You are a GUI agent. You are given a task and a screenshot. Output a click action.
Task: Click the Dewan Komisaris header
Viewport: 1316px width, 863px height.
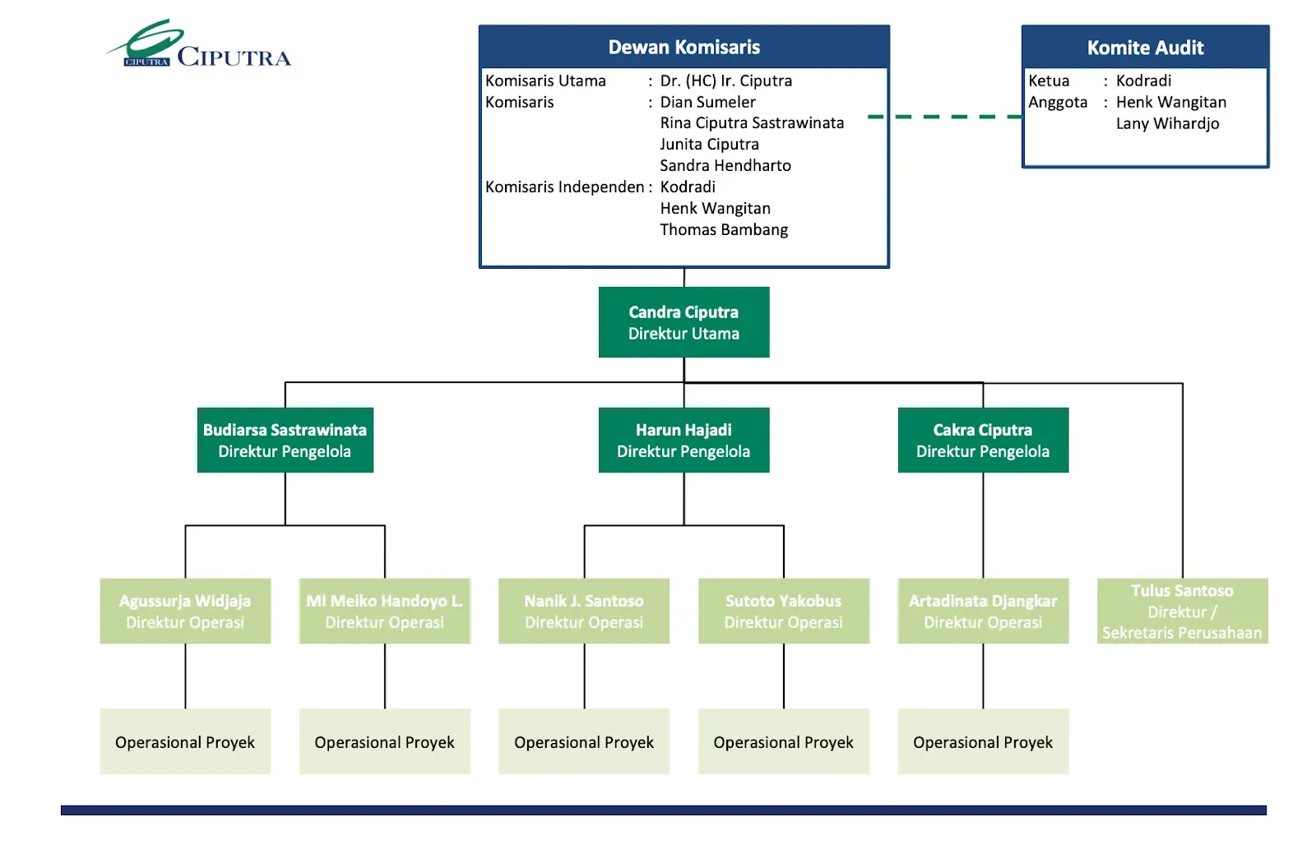(683, 47)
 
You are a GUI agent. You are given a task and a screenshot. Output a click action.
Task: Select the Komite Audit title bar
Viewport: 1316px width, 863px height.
(1145, 48)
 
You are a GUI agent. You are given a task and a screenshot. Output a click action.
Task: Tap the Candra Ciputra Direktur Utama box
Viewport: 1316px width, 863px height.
(683, 322)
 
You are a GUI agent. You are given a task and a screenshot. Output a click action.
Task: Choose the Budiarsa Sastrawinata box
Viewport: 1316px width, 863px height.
(285, 441)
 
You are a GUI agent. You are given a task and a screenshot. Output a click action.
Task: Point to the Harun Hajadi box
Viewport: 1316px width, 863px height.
(683, 441)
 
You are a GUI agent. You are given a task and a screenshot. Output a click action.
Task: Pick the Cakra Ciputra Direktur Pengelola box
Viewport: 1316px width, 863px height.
(983, 441)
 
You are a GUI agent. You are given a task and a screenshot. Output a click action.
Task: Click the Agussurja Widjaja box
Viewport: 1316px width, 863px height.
(185, 611)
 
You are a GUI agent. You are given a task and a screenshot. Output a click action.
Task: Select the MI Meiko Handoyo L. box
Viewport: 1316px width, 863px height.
(384, 611)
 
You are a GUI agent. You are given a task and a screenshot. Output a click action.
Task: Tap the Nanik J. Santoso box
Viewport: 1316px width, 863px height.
(584, 611)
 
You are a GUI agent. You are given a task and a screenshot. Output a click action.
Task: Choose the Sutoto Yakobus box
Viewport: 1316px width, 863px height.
(783, 611)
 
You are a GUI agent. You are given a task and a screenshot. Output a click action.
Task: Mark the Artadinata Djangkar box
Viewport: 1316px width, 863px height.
(983, 611)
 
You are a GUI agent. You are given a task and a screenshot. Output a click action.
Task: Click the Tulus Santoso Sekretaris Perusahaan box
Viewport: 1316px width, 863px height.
(1182, 611)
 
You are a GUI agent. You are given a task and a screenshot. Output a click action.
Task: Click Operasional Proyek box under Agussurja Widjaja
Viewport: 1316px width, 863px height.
(185, 742)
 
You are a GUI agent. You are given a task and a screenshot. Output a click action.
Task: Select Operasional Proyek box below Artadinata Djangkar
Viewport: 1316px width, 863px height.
(983, 742)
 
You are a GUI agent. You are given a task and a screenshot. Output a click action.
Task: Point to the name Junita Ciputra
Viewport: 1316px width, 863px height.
(709, 145)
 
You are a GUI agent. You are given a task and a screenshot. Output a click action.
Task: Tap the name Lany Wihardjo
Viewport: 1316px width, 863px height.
(1167, 124)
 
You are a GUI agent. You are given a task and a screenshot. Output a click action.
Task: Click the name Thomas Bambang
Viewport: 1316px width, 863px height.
(724, 230)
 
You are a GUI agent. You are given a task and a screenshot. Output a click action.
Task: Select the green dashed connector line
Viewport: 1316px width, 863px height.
(946, 117)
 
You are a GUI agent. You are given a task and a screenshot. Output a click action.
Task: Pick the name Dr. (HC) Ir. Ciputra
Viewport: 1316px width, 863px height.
(725, 81)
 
